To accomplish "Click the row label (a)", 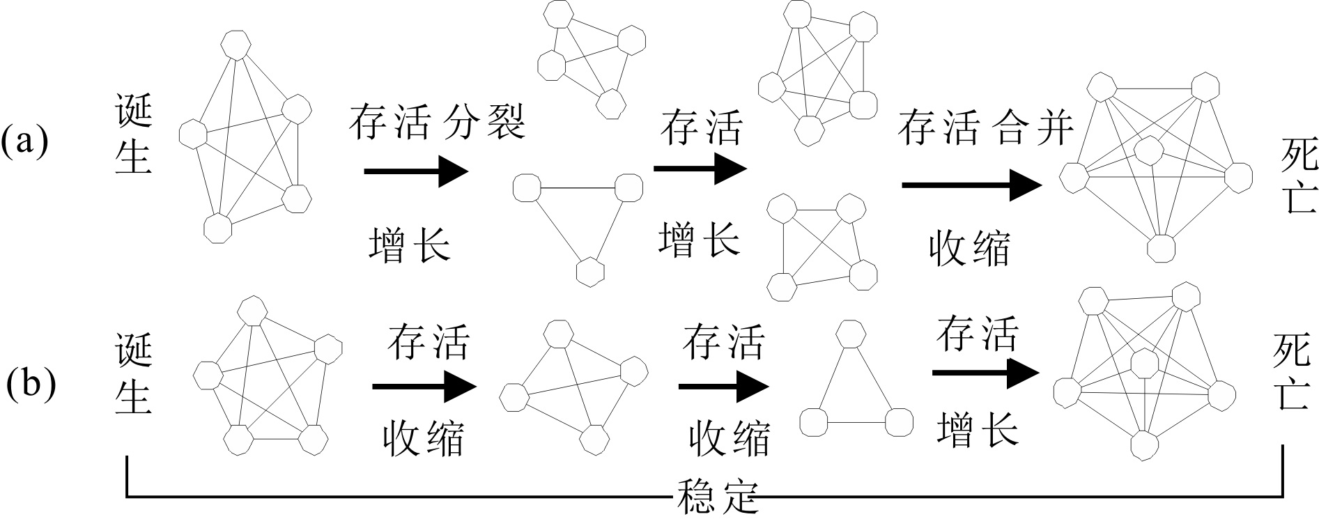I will [24, 141].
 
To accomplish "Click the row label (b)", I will [31, 385].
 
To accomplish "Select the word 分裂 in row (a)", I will [485, 123].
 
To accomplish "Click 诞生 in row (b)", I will [134, 376].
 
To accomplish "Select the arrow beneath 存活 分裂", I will [415, 171].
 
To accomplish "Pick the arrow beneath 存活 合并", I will [971, 185].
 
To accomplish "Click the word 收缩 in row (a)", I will [969, 249].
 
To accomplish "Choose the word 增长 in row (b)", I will [978, 429].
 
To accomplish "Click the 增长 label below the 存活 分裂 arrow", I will [409, 245].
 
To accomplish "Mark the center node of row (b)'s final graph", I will [1144, 362].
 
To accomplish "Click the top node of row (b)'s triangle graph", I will [849, 334].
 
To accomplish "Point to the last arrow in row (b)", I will [985, 373].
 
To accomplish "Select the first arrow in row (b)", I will [424, 387].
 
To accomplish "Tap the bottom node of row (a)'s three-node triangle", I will [591, 271].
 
